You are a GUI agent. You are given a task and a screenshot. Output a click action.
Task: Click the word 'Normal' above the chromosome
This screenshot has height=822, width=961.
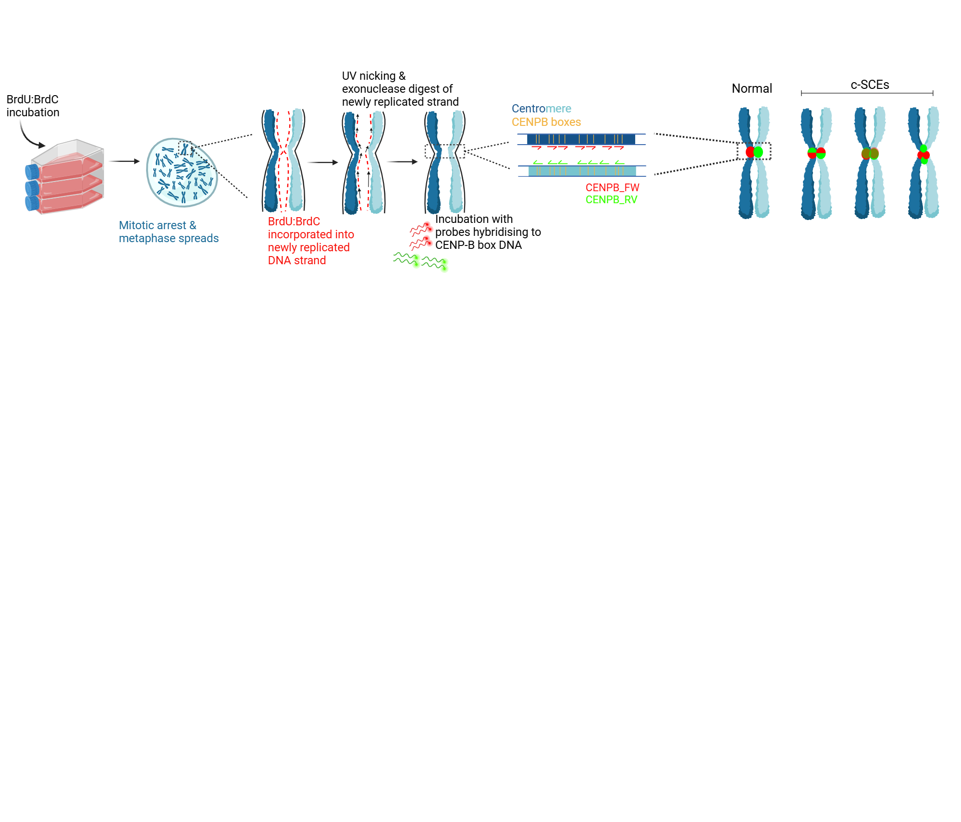tap(752, 88)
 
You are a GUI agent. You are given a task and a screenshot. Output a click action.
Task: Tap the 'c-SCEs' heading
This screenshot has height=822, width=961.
tap(870, 85)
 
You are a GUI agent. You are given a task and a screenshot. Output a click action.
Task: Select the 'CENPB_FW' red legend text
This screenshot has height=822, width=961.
tap(612, 187)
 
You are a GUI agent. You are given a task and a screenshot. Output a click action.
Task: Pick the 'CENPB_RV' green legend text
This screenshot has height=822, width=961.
tap(611, 199)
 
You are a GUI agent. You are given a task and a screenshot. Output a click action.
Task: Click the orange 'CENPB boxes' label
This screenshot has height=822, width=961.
tap(546, 122)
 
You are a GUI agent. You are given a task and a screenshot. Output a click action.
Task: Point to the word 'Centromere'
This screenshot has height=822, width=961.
tap(541, 109)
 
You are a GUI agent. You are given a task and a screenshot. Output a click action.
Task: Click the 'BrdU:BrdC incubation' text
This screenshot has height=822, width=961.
tap(33, 106)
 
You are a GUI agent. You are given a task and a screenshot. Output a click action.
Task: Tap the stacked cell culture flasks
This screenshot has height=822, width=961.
tap(65, 178)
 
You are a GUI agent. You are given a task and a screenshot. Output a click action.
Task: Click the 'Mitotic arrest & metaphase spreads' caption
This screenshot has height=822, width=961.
tap(168, 232)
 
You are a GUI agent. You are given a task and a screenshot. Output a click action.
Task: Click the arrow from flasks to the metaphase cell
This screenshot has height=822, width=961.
tap(124, 161)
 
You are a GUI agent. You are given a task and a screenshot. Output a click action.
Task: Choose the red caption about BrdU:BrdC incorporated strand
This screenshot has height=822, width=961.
tap(310, 241)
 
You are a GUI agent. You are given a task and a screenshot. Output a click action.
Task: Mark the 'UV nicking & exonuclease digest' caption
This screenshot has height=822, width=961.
tap(400, 89)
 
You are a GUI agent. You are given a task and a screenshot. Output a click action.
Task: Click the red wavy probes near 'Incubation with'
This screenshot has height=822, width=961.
tap(421, 235)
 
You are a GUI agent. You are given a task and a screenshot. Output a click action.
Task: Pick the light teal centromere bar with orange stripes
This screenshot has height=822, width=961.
tap(581, 171)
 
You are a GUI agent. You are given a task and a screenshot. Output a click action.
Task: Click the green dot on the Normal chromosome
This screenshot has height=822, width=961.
tap(758, 152)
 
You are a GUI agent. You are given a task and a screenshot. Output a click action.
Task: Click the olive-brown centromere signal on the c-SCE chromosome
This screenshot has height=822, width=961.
tap(870, 154)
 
